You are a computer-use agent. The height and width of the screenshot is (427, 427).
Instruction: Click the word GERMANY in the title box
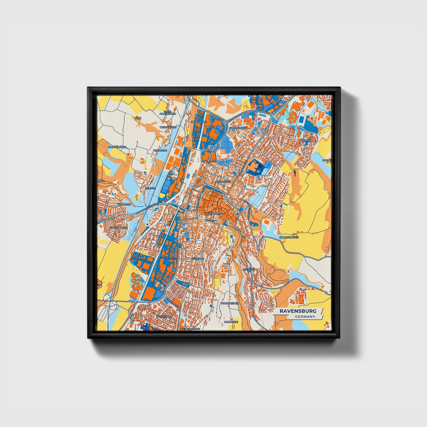(305, 316)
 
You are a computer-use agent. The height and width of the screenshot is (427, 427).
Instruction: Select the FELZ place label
(138, 118)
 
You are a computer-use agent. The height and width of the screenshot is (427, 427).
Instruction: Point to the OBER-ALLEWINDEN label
(168, 113)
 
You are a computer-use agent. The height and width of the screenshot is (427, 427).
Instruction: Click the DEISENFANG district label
(198, 121)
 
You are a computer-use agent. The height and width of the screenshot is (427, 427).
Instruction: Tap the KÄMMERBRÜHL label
(238, 128)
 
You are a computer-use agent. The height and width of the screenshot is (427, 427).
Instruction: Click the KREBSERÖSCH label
(117, 147)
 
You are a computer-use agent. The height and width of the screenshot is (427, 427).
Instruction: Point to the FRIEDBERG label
(160, 150)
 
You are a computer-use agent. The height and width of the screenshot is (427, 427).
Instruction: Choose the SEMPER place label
(150, 188)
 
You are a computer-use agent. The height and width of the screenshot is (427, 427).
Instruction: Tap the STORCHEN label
(124, 204)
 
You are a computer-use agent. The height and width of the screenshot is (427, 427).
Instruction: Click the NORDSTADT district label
(223, 181)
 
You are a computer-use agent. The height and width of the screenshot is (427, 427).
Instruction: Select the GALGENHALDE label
(118, 228)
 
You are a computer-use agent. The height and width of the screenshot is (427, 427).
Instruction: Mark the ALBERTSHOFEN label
(289, 237)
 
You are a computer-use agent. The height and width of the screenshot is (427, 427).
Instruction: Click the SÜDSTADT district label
(198, 259)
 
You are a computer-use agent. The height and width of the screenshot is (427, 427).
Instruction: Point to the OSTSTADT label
(249, 269)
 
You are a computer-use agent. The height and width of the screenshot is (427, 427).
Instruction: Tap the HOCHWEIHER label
(230, 303)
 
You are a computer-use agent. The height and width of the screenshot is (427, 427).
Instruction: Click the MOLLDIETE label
(231, 322)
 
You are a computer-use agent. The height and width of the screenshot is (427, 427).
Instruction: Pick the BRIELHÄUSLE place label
(168, 127)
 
